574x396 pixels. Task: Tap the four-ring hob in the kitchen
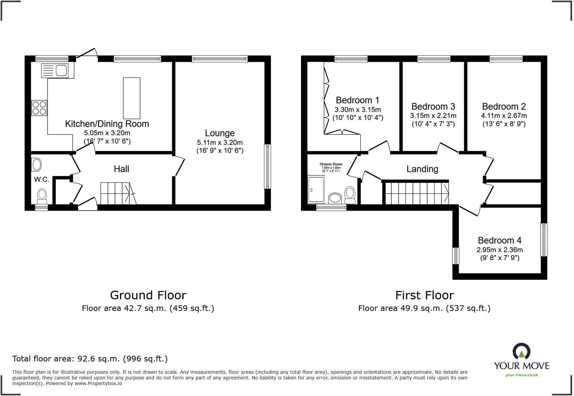click(39, 108)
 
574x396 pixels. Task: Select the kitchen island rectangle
click(132, 98)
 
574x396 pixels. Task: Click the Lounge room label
click(220, 133)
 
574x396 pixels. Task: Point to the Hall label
click(121, 169)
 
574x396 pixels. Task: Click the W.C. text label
click(42, 179)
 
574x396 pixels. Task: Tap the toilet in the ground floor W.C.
click(42, 196)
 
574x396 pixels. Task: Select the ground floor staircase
click(116, 193)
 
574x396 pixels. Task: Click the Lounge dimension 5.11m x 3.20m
click(220, 143)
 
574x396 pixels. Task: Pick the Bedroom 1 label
click(357, 100)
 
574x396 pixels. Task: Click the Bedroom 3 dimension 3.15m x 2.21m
click(433, 116)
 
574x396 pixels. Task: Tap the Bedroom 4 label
click(499, 240)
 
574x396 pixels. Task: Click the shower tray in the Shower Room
click(316, 189)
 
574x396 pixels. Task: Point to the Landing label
click(422, 169)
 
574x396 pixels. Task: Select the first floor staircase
click(417, 193)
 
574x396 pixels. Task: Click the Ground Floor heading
click(148, 295)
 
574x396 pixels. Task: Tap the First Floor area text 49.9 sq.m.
click(424, 308)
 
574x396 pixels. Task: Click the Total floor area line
click(90, 359)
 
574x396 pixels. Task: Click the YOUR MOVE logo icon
click(521, 352)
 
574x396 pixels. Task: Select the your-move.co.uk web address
click(521, 375)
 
